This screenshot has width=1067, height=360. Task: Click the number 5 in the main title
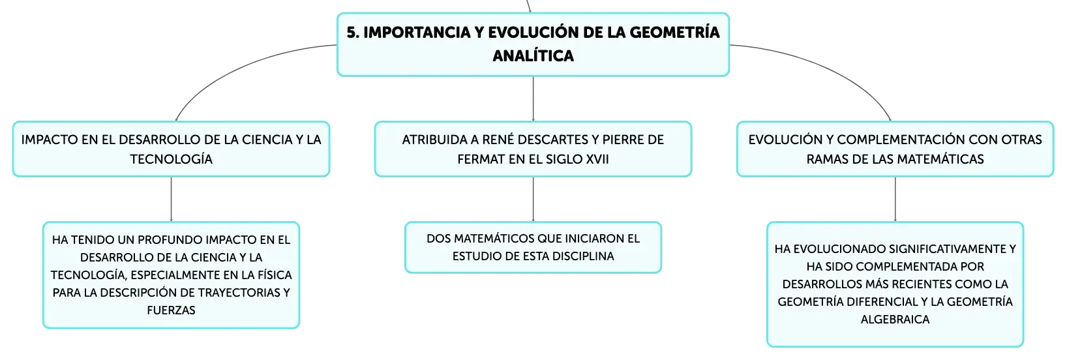pyautogui.click(x=352, y=33)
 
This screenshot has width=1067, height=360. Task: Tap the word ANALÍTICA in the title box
pyautogui.click(x=533, y=55)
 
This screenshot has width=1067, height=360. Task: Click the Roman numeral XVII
pyautogui.click(x=597, y=159)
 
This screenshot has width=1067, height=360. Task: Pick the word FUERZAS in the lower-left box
pyautogui.click(x=171, y=310)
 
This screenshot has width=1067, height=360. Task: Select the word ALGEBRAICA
pyautogui.click(x=895, y=319)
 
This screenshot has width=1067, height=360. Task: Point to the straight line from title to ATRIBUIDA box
pyautogui.click(x=533, y=98)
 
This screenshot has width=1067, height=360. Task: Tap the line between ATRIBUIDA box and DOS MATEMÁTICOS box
pyautogui.click(x=533, y=199)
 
